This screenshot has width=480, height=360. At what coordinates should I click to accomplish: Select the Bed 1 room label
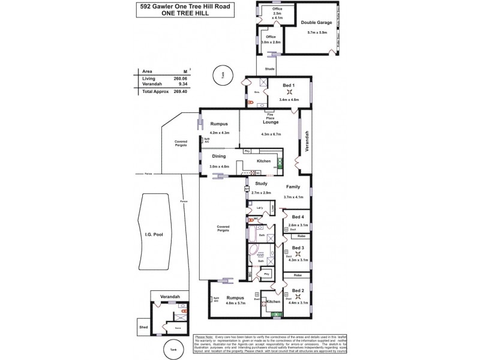pos(289,86)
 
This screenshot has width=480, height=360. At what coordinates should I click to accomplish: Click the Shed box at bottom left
pos(143,327)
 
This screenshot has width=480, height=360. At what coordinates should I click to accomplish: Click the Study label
pos(260,184)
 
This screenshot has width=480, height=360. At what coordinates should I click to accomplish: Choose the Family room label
pos(293,187)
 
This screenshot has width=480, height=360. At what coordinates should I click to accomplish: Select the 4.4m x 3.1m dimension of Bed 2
pos(298,303)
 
